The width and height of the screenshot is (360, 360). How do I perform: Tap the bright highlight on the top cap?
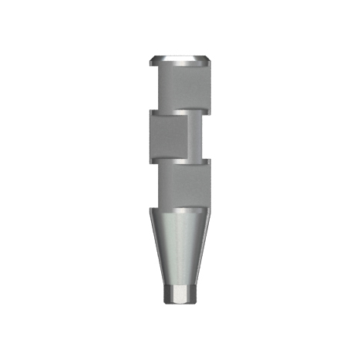click(185, 59)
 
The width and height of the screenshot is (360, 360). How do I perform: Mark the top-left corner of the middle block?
click(150, 113)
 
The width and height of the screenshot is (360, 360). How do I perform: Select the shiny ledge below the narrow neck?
click(199, 161)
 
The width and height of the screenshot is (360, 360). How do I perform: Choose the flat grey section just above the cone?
click(180, 185)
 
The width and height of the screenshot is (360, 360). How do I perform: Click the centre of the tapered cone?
click(180, 247)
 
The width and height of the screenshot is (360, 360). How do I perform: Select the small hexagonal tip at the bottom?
click(180, 297)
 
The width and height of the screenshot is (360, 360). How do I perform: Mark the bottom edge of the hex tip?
click(180, 306)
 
